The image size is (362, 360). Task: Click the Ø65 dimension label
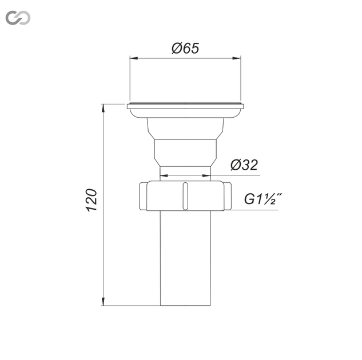185,48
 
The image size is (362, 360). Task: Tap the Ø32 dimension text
244,165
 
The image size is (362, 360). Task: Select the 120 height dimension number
92,200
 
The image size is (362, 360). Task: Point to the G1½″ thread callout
263,199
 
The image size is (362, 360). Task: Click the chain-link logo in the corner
18,18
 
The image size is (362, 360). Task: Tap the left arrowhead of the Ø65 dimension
134,58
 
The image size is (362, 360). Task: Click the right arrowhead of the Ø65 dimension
236,58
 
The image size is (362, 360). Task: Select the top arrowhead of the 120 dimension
103,109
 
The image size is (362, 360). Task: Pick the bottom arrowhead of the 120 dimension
103,301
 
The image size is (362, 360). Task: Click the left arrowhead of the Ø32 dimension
164,176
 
